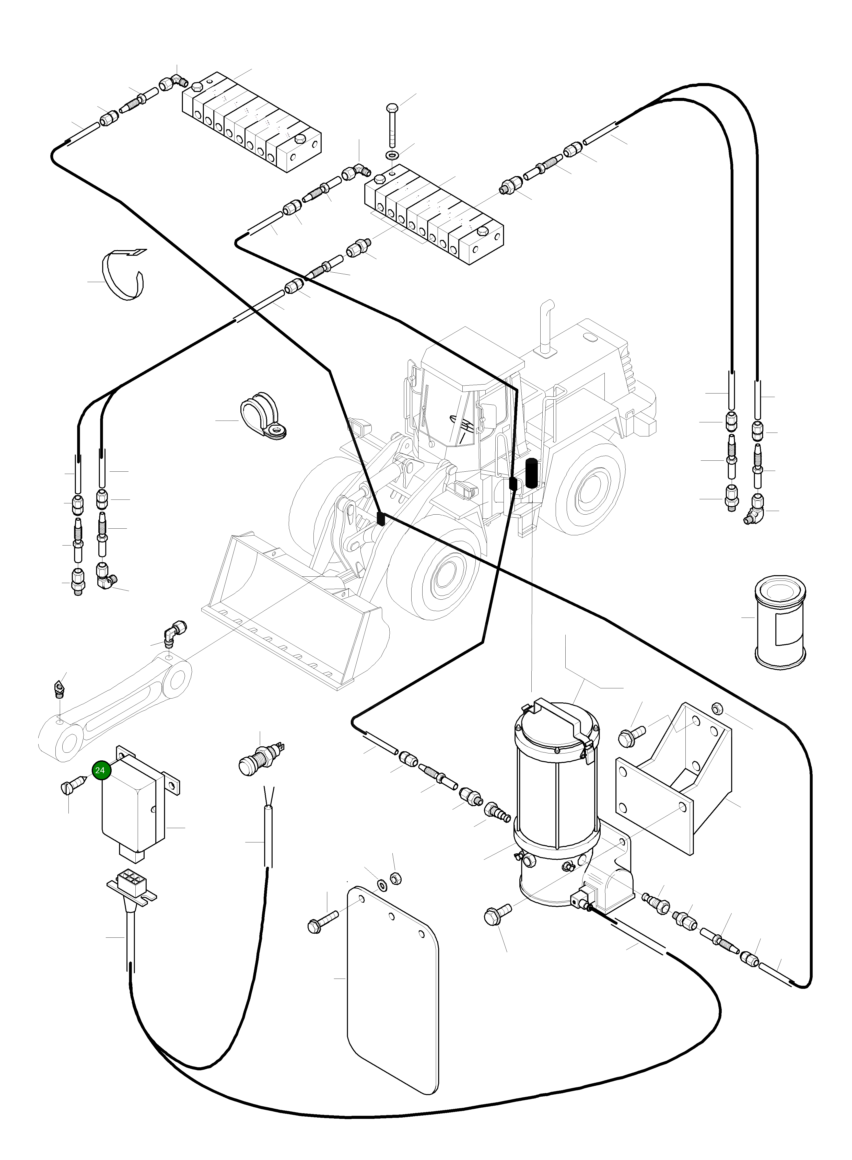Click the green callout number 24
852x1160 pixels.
[x=100, y=771]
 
